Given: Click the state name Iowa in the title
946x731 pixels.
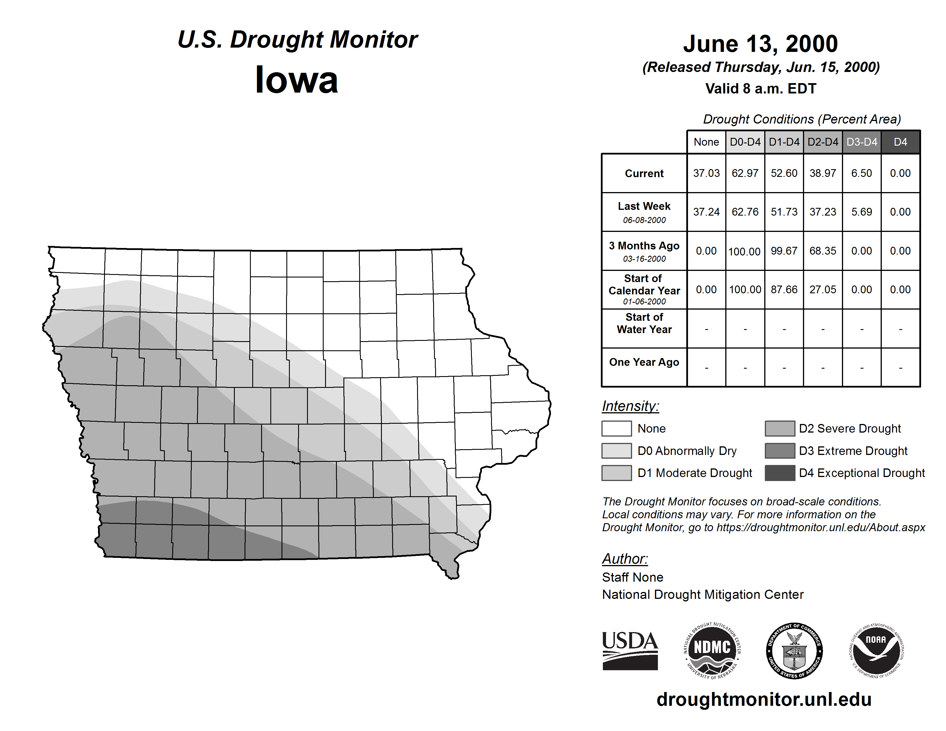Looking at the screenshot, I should pyautogui.click(x=296, y=80).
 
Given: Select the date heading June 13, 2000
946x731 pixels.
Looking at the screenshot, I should pyautogui.click(x=760, y=44).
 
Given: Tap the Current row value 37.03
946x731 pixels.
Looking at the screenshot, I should pyautogui.click(x=706, y=173).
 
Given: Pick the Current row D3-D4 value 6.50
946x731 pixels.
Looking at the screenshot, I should pyautogui.click(x=861, y=173).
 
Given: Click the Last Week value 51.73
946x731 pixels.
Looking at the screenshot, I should pyautogui.click(x=784, y=212).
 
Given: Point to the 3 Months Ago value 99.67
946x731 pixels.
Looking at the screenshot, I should pyautogui.click(x=784, y=251).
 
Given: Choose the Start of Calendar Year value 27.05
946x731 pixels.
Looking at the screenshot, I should pyautogui.click(x=822, y=289).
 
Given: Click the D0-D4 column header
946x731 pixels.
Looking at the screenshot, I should pyautogui.click(x=745, y=142).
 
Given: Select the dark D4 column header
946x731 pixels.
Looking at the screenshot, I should pyautogui.click(x=900, y=142).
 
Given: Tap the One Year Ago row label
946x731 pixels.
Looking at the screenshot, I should pyautogui.click(x=644, y=362).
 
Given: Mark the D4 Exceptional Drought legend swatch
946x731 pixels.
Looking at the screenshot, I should pyautogui.click(x=780, y=473).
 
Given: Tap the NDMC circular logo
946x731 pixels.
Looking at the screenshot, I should pyautogui.click(x=712, y=651).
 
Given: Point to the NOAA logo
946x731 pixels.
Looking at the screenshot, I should pyautogui.click(x=876, y=651).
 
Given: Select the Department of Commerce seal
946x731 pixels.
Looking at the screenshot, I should pyautogui.click(x=794, y=651).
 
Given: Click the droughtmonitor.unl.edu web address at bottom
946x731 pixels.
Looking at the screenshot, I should pyautogui.click(x=764, y=699).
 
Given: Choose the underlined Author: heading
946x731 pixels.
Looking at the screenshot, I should pyautogui.click(x=625, y=559).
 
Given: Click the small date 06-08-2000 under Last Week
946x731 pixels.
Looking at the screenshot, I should pyautogui.click(x=644, y=220).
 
